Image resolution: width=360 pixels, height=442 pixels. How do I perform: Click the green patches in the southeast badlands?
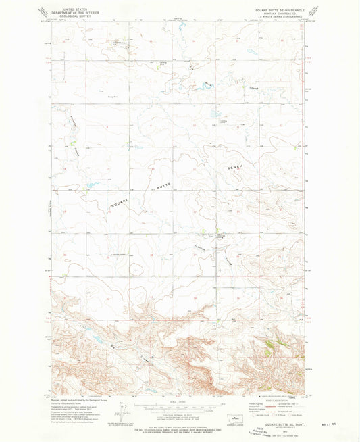pyautogui.click(x=270, y=347)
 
